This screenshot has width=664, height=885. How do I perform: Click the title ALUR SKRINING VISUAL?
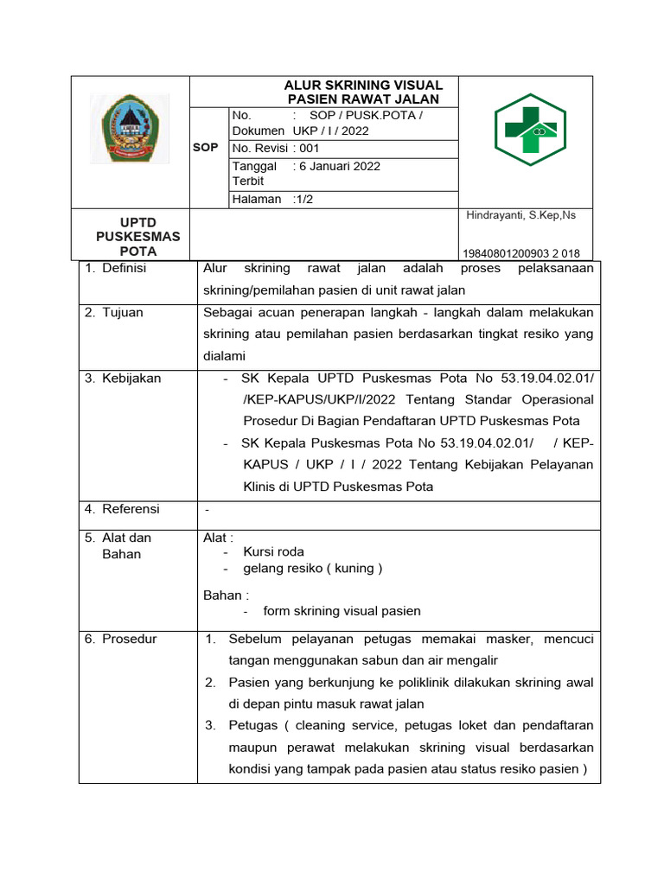(364, 86)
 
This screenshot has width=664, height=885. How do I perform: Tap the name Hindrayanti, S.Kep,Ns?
(520, 215)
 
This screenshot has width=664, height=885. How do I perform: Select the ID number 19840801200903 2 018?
(521, 253)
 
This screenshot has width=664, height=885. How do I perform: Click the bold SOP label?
(205, 148)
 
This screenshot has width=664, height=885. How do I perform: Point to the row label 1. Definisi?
(116, 268)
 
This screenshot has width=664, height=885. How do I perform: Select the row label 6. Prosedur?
(121, 639)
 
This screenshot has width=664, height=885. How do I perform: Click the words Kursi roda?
(273, 551)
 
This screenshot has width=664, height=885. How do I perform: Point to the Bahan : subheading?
(226, 595)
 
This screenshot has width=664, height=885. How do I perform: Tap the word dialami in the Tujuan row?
(225, 355)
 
